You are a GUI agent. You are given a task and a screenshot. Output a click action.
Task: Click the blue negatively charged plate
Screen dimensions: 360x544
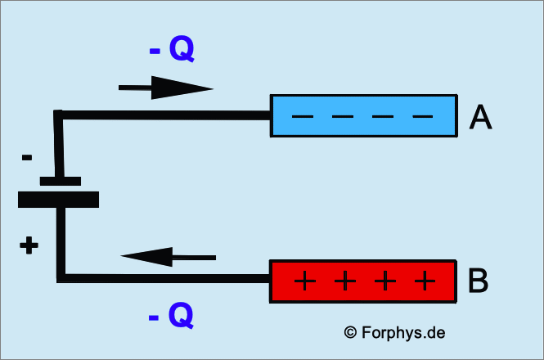pos(363,116)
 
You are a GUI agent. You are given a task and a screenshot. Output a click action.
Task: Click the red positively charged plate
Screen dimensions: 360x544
pos(363,281)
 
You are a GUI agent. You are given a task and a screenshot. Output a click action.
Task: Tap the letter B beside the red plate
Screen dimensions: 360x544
pos(479,281)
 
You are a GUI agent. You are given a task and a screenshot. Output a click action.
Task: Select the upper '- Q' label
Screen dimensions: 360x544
pos(172,51)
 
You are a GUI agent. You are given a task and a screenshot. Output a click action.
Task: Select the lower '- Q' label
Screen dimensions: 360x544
pos(172,314)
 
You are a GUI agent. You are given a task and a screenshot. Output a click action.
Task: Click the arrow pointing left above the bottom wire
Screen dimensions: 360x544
pos(169,257)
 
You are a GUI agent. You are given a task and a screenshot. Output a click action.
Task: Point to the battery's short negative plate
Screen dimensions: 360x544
pos(60,181)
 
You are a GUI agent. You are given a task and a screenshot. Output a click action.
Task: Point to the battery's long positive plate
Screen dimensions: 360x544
pos(58,199)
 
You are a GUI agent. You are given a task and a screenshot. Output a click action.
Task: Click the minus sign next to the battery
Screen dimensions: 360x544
pos(27,156)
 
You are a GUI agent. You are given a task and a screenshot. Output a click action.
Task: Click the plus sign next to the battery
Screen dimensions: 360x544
pos(29,245)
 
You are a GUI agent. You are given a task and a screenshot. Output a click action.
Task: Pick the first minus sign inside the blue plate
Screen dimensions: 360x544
pos(302,116)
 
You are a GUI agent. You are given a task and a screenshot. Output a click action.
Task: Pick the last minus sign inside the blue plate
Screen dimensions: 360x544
pos(422,116)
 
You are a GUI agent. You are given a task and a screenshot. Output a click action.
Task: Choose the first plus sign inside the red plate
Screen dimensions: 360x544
pos(303,282)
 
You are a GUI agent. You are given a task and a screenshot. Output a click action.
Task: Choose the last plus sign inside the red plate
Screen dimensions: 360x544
pos(424,282)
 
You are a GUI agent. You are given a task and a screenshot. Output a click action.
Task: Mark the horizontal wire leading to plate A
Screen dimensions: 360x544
pos(164,115)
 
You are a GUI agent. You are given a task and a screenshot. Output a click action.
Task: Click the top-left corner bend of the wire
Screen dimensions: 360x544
pos(59,115)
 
